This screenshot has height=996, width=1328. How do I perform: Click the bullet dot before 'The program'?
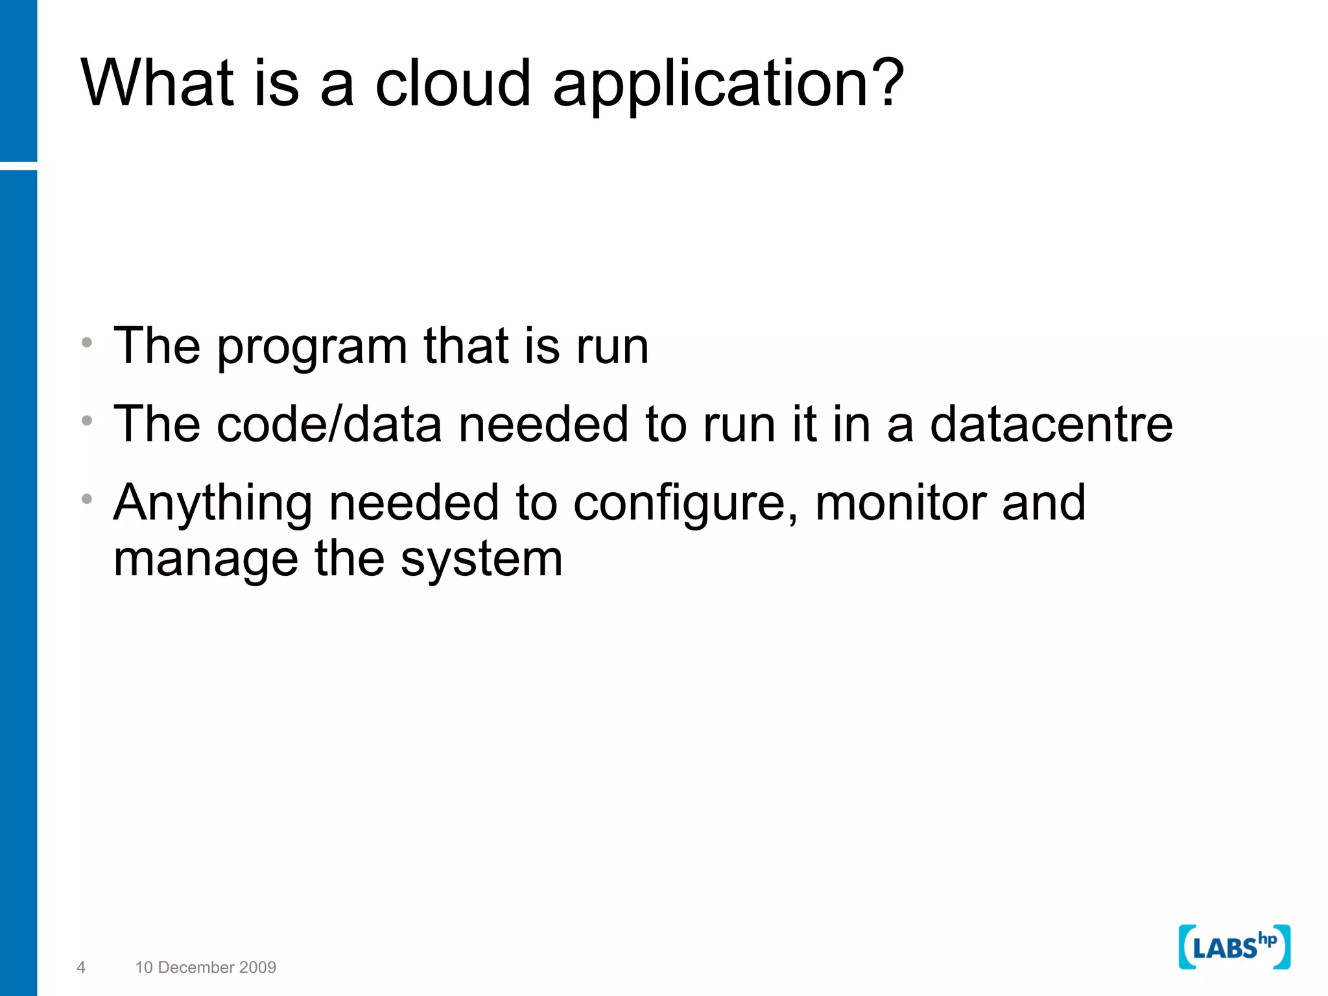[x=88, y=342]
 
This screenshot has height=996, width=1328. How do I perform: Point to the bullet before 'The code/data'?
[x=88, y=421]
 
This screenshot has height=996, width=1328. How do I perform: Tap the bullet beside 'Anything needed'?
[x=88, y=499]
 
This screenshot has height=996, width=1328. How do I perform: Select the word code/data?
[x=329, y=424]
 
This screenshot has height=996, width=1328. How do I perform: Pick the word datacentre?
[x=1051, y=424]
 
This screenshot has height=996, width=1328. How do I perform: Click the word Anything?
[x=213, y=504]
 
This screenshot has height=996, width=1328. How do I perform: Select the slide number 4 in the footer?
[x=81, y=967]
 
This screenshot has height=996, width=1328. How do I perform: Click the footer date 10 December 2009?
[x=206, y=967]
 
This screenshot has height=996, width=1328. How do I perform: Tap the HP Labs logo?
[x=1234, y=947]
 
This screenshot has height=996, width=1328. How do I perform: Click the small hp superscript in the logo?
[x=1267, y=939]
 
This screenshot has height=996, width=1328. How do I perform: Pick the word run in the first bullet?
[x=612, y=348]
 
